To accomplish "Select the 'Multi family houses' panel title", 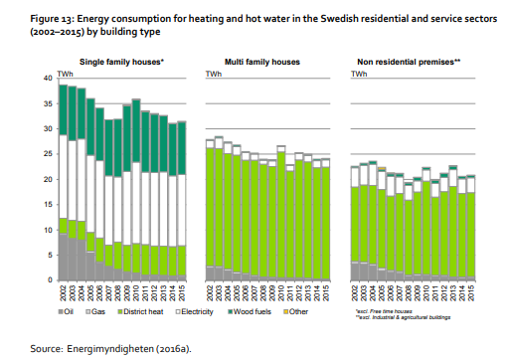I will point(262,63).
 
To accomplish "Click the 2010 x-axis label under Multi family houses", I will point(281,295).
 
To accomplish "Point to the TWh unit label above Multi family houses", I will point(213,75).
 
